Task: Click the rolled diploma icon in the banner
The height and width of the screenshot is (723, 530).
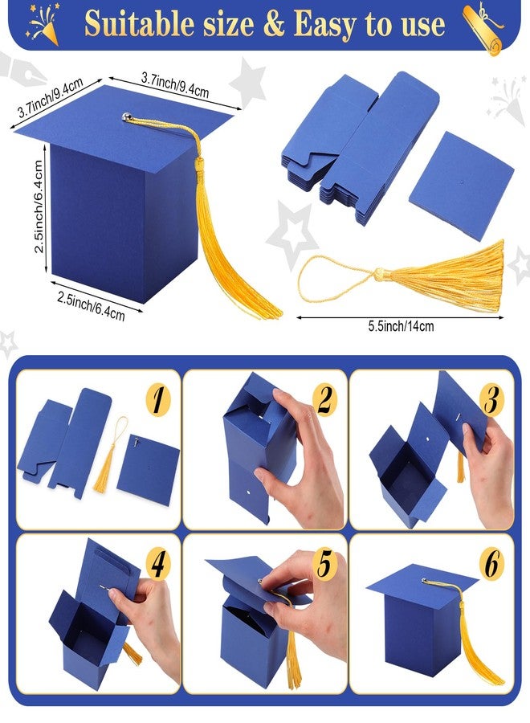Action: pos(483,27)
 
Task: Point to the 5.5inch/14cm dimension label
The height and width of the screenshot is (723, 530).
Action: pos(401,326)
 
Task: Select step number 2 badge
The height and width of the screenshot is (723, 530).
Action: pos(325,399)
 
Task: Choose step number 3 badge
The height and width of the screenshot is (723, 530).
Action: pos(491,399)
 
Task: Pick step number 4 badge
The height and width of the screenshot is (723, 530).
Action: pos(158,565)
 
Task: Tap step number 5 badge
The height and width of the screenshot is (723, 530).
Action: pos(325,565)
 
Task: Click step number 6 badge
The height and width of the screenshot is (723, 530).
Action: pos(491,565)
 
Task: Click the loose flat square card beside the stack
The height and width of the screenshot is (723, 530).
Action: pos(461,186)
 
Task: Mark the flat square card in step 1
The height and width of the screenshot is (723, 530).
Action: pos(148,469)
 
